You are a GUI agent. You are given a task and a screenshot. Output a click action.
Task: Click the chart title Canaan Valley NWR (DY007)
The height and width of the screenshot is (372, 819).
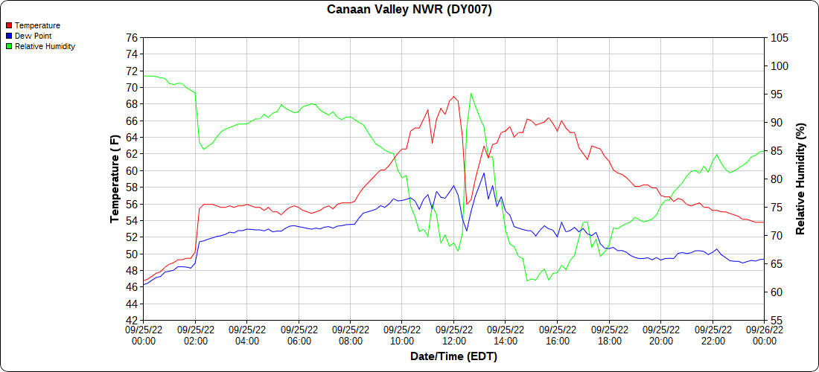pos(409,10)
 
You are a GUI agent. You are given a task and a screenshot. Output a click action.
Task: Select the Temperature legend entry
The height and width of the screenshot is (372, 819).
pos(37,25)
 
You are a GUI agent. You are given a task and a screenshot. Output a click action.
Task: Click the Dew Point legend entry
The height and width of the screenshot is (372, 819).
pos(33,36)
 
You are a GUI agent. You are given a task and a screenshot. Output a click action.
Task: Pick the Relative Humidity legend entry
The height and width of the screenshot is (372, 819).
pos(45,46)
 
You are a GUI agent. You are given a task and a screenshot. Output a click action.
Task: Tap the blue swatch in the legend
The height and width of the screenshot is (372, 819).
pos(8,36)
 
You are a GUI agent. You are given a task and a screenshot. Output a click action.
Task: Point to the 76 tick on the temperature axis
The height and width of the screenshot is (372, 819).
pos(131,37)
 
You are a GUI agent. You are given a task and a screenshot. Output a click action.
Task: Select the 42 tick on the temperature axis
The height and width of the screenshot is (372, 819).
pos(131,321)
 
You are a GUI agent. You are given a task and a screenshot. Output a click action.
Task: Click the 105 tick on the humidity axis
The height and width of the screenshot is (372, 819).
pos(780,37)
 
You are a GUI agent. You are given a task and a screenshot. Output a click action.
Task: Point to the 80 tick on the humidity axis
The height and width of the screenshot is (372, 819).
pos(777,179)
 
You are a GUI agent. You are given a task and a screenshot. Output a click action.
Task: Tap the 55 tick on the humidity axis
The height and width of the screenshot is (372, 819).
pos(777,321)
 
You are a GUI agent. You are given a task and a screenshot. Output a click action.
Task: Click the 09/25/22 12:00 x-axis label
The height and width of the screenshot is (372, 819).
pos(454,335)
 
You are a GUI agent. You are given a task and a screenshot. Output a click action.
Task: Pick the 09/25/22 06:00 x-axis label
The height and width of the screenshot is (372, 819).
pos(299,335)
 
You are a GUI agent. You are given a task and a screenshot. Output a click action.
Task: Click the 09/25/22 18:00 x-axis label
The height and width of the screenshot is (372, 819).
pos(609,335)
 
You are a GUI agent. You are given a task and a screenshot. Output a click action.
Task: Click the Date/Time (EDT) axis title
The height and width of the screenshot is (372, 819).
pos(453,356)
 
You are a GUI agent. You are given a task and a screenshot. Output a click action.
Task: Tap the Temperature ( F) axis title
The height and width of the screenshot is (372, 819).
pos(115,179)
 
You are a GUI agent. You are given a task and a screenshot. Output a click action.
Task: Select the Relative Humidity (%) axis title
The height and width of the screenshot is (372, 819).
pos(800,179)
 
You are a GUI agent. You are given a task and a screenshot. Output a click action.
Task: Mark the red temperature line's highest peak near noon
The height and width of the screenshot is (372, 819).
pos(453,96)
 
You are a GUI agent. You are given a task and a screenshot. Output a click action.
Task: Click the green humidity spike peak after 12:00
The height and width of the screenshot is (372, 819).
pos(471,94)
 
